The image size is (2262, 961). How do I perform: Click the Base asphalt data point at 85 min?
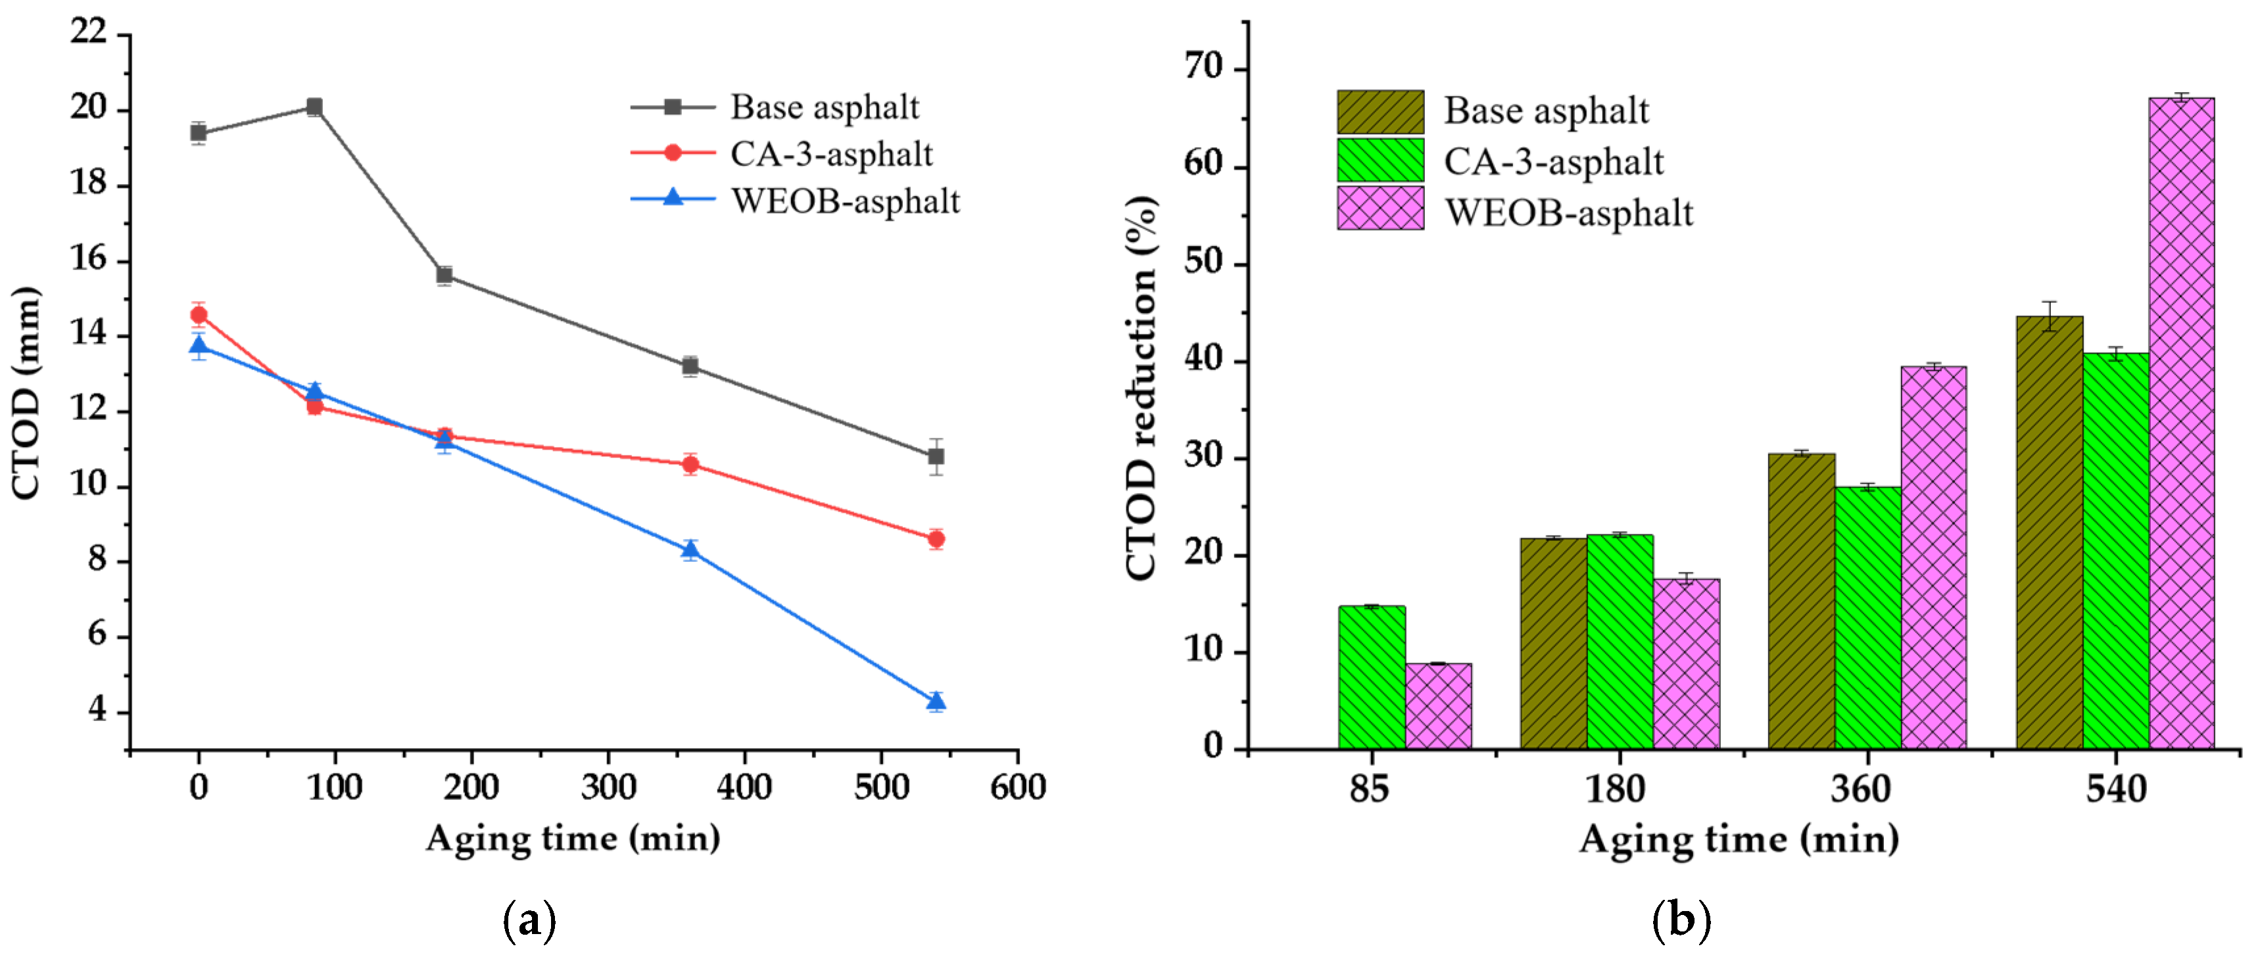[x=314, y=107]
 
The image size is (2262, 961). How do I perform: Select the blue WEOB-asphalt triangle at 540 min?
[x=936, y=700]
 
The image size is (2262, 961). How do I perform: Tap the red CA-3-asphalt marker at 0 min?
[x=199, y=314]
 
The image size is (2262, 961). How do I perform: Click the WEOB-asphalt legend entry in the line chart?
[x=845, y=201]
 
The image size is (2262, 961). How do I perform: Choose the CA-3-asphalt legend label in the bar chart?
[x=1552, y=162]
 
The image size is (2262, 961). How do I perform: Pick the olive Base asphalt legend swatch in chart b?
[x=1380, y=112]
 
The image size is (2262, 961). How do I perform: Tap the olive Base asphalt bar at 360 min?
[x=1801, y=601]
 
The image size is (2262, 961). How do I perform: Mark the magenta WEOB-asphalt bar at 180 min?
[x=1686, y=663]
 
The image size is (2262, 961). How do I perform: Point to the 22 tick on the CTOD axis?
[x=89, y=32]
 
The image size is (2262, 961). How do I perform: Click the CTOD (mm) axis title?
[x=26, y=392]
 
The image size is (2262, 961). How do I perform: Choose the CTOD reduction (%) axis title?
[x=1141, y=387]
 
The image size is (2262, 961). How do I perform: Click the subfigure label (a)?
[x=529, y=921]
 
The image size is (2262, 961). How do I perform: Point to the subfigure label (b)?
[x=1681, y=921]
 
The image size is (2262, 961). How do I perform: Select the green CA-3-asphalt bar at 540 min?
[x=2115, y=550]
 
